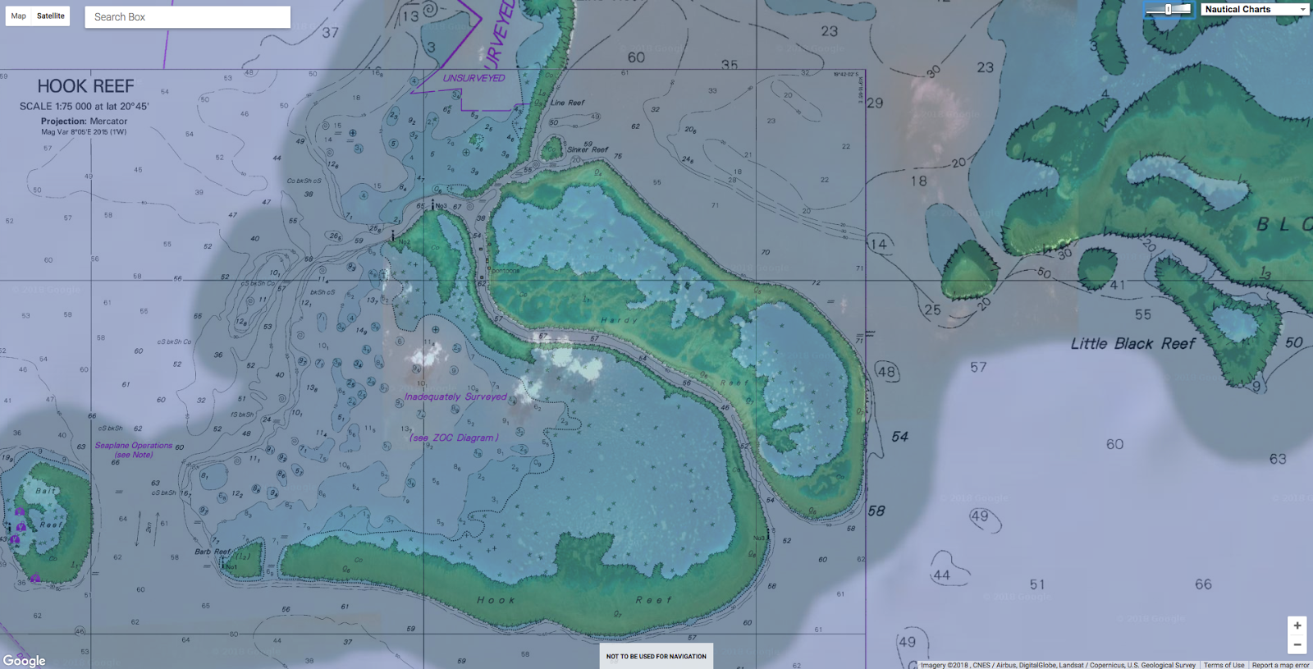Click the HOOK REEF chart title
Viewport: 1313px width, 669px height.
pos(85,86)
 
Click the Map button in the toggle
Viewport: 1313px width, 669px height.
pos(18,16)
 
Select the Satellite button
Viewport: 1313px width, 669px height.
pos(51,16)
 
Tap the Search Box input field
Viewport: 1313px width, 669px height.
pos(187,16)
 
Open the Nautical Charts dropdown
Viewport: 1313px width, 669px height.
pos(1255,9)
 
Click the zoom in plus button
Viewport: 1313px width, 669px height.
pos(1297,625)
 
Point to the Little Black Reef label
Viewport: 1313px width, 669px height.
pos(1132,344)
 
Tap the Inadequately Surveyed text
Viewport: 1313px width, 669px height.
pos(455,396)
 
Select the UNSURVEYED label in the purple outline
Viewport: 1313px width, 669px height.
pos(474,78)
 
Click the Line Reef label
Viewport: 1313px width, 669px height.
pos(567,103)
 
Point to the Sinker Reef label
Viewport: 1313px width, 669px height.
pos(588,149)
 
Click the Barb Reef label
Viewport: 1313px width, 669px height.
pos(213,552)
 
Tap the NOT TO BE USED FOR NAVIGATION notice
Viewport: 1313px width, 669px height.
pos(656,656)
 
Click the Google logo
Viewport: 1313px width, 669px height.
pos(25,660)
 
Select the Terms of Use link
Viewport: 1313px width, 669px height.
pos(1224,665)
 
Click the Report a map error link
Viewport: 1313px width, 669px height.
pos(1280,665)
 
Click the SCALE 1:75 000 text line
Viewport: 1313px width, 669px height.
pos(84,107)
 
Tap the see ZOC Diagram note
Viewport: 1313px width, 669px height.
pos(454,438)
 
